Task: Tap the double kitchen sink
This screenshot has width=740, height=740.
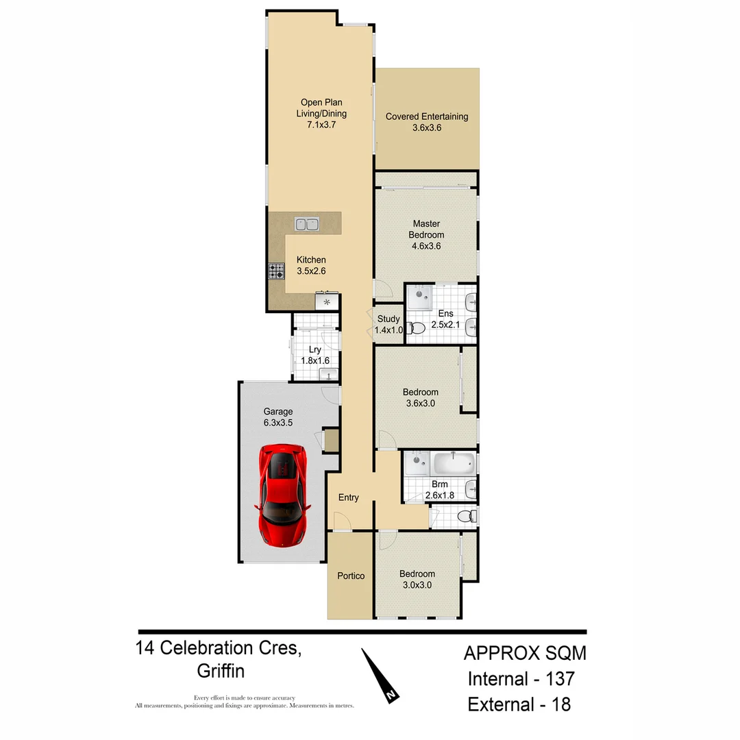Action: (306, 223)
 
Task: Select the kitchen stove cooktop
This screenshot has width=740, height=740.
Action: (276, 271)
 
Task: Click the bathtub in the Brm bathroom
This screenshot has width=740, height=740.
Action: (452, 464)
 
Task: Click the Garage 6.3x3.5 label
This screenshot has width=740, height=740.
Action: (278, 417)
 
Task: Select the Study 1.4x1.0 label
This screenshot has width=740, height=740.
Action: (388, 324)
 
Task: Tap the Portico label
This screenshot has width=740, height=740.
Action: (351, 576)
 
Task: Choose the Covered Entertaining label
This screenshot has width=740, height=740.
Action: (427, 122)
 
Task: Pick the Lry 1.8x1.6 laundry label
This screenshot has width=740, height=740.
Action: (315, 355)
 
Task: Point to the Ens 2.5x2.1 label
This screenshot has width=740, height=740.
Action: (446, 319)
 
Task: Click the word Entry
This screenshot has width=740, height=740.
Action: (348, 497)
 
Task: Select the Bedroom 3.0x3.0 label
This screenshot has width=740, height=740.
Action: (417, 579)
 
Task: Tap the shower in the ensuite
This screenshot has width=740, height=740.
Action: (419, 297)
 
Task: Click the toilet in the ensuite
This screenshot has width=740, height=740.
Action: (416, 329)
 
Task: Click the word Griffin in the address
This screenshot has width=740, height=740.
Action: (221, 671)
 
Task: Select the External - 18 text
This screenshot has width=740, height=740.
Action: (519, 704)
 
